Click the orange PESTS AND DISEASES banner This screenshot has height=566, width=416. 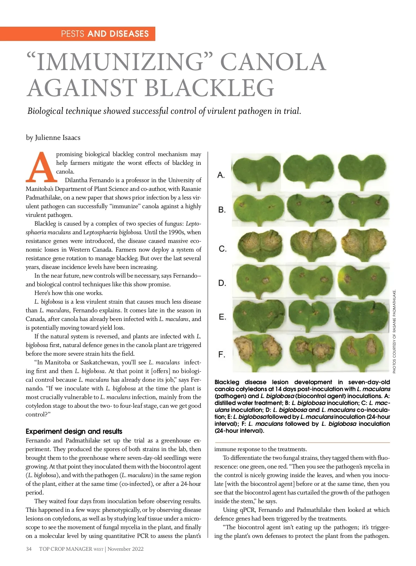coord(78,34)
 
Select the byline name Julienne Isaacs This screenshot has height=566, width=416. coord(58,137)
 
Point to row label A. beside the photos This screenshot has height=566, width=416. coord(221,175)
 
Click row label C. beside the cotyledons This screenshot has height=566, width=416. coord(223,249)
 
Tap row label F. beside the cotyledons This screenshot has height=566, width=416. coord(222,355)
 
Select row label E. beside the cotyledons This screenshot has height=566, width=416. coord(222,317)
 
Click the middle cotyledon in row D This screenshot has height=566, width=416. coord(311,279)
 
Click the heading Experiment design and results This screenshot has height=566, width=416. coord(74,431)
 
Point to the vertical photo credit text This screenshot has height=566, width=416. coord(394,331)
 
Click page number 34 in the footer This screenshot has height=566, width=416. coord(29,549)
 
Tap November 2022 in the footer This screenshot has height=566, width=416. coord(125,549)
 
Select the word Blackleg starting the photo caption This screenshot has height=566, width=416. coord(227,382)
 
